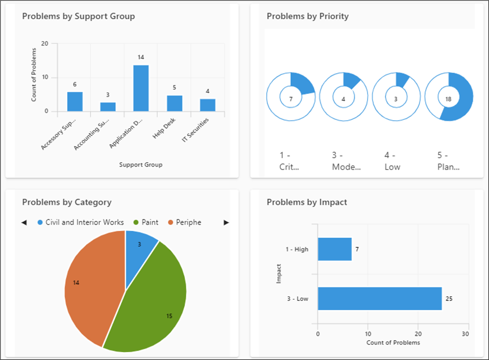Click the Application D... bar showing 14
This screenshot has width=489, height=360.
point(141,88)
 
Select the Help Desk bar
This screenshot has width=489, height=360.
point(174,103)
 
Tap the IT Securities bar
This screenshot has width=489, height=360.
point(208,105)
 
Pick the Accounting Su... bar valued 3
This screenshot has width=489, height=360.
point(108,106)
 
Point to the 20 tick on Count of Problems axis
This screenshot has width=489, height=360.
point(45,44)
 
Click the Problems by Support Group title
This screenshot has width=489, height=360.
point(78,16)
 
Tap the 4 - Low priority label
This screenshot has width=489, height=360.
point(393,161)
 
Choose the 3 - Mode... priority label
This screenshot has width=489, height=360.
point(346,161)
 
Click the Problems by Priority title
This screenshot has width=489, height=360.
point(308,16)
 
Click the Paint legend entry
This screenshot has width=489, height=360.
point(146,222)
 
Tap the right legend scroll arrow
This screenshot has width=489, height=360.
point(226,223)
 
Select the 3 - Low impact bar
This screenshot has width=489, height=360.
point(379,298)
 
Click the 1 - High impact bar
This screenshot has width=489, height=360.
point(334,249)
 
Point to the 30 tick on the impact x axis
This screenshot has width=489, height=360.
point(466,334)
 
